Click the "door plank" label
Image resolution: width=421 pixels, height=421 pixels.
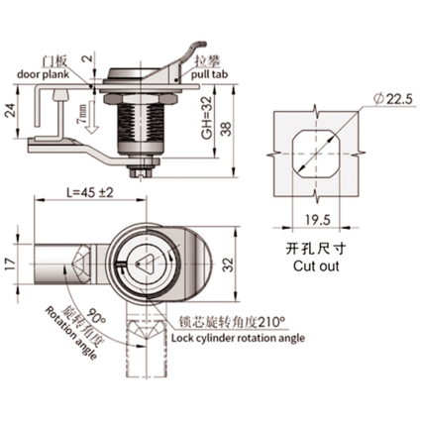(43, 74)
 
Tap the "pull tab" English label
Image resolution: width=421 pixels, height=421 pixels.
(210, 74)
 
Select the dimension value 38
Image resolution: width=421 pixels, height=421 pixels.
(227, 130)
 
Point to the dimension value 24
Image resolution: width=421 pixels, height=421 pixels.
(10, 111)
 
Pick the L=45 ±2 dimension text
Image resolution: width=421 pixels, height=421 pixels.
(90, 193)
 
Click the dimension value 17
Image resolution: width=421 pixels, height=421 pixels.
(10, 264)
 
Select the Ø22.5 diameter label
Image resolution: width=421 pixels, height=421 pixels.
(392, 99)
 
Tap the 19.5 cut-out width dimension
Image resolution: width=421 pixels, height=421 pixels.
(318, 220)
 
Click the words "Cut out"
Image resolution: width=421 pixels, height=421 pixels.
(316, 265)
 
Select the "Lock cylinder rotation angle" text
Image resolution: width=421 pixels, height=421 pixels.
(238, 338)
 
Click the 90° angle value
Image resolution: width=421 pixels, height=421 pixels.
(97, 319)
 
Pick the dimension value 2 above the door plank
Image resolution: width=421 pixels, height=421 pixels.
(86, 60)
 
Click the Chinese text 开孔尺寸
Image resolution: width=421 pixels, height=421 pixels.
(316, 249)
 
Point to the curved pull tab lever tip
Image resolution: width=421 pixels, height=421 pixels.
(201, 44)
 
